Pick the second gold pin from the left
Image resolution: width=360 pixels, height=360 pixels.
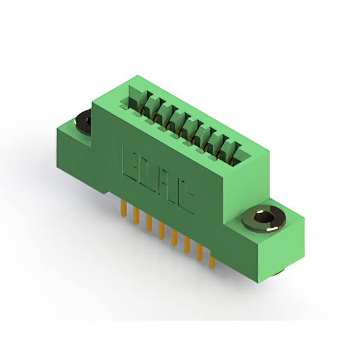tap(136, 215)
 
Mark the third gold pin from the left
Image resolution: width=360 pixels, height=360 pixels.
tap(148, 223)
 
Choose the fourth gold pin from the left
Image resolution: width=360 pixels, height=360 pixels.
tap(161, 230)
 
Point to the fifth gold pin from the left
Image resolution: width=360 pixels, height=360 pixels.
tap(174, 237)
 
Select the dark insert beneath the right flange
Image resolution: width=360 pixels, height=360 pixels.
tap(276, 272)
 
